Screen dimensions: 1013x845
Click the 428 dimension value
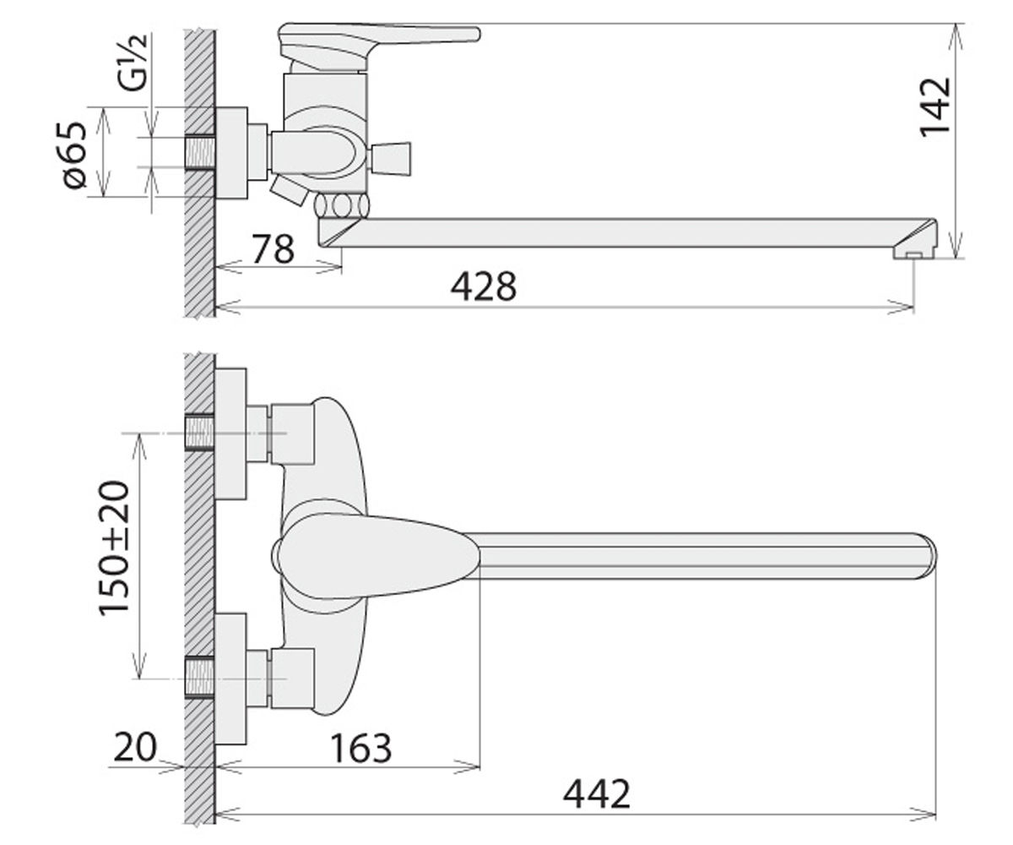pyautogui.click(x=483, y=287)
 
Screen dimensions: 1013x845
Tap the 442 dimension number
pyautogui.click(x=596, y=793)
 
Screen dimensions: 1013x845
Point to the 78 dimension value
pyautogui.click(x=274, y=248)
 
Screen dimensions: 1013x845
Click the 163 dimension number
pyautogui.click(x=360, y=748)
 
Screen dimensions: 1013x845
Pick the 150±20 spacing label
pyautogui.click(x=114, y=548)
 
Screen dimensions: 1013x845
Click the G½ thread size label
pyautogui.click(x=132, y=63)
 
